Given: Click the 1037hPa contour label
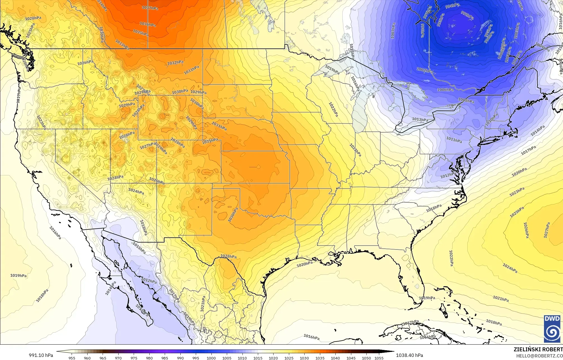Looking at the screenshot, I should point(150,8).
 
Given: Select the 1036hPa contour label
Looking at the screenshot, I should point(148,24).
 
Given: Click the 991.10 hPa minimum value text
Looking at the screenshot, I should point(41,355).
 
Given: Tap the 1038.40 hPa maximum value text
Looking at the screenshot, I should point(409,355).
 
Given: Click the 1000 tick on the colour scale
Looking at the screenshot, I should point(211,358).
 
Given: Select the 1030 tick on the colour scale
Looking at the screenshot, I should point(304,358).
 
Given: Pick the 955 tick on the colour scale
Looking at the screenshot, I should point(72,358).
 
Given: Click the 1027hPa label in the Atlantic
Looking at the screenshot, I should point(546,230).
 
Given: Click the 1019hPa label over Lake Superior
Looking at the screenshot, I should point(332,70).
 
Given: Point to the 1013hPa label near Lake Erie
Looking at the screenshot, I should point(420,120).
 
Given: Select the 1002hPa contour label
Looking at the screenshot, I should point(425,70).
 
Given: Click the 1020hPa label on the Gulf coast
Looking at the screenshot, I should point(305,264).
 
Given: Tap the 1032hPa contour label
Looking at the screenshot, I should point(175,63).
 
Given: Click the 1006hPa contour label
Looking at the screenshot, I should point(446,90).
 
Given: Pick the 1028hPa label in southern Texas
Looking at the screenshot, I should point(229,256).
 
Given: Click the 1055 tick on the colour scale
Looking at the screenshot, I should point(379,358).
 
